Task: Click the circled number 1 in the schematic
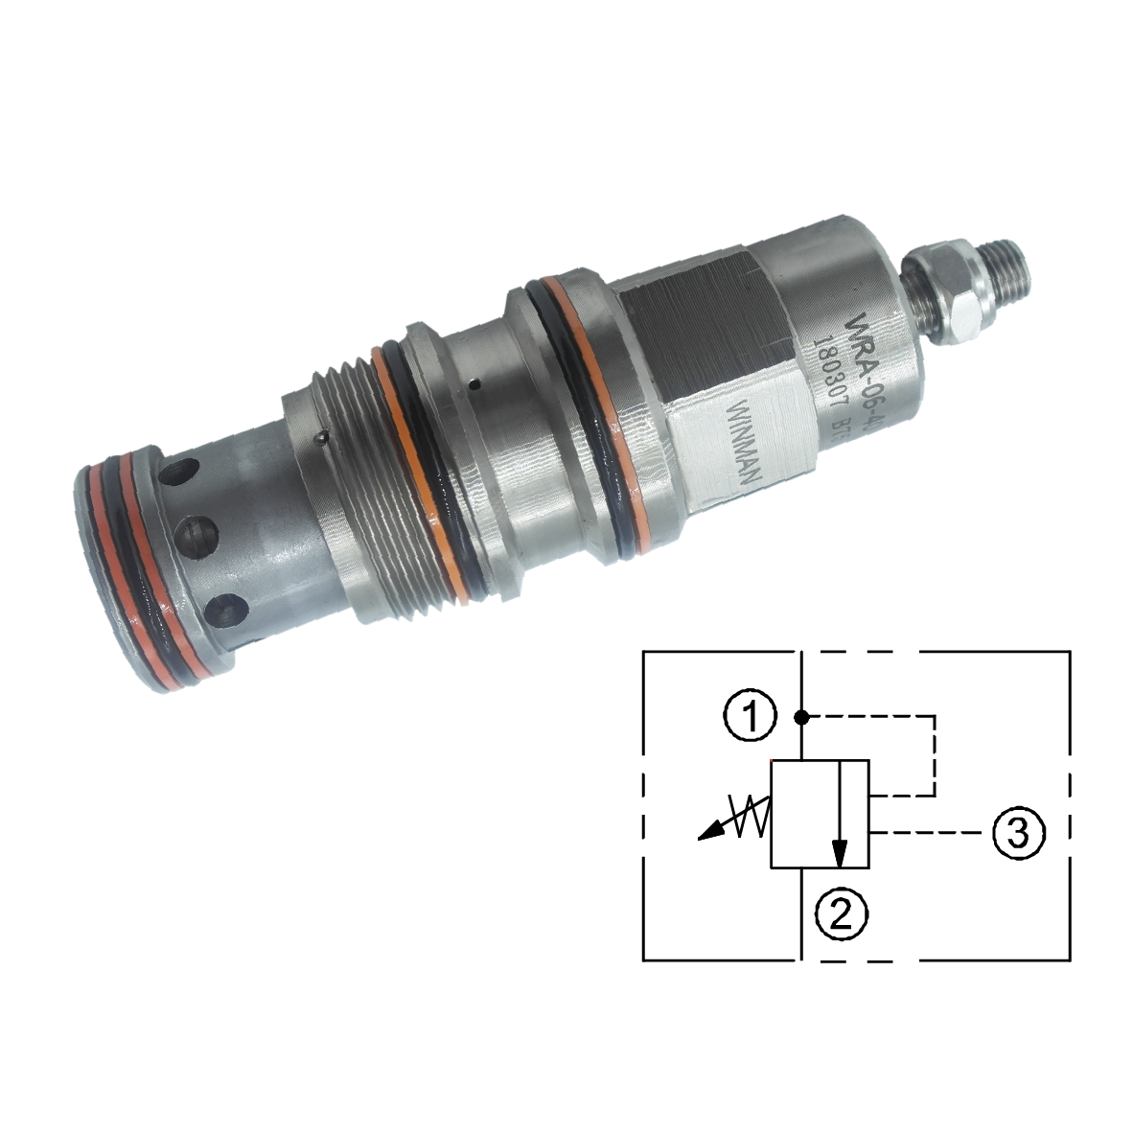(x=754, y=716)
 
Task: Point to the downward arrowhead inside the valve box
(x=841, y=851)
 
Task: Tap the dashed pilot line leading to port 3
(x=925, y=832)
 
